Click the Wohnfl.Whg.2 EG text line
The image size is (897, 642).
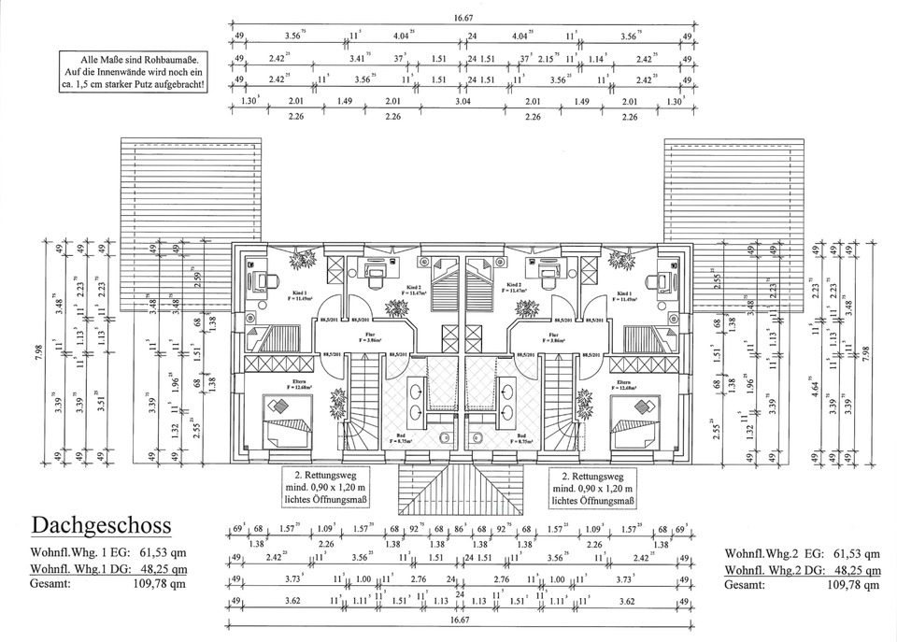click(x=802, y=552)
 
